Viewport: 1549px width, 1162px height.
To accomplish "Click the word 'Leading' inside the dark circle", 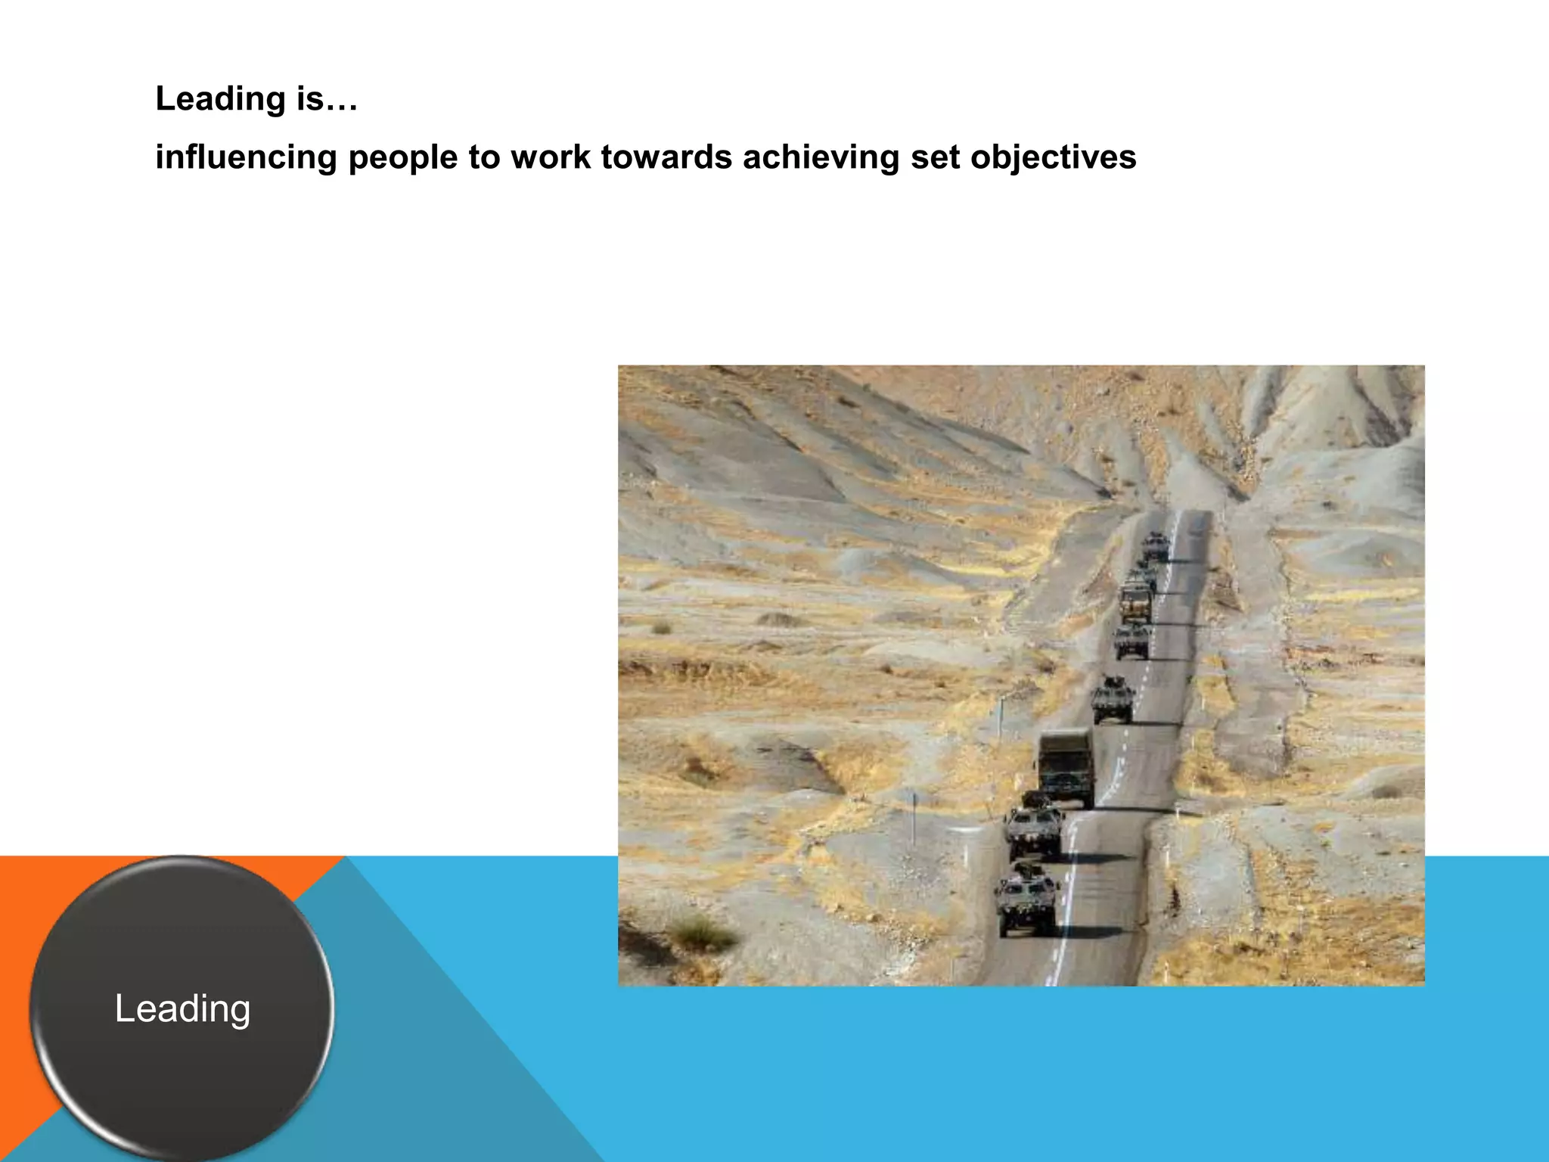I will pyautogui.click(x=182, y=1008).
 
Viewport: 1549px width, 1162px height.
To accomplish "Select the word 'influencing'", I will pyautogui.click(x=246, y=157).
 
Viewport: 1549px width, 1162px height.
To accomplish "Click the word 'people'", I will pyautogui.click(x=402, y=157).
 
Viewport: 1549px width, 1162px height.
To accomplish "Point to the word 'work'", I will pyautogui.click(x=551, y=157).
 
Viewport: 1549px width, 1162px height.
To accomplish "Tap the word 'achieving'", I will pyautogui.click(x=821, y=157).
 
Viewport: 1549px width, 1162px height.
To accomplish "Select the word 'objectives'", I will pyautogui.click(x=1053, y=157).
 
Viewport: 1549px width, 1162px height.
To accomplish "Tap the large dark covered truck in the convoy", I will pyautogui.click(x=1066, y=766).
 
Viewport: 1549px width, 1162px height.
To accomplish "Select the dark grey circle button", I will pyautogui.click(x=182, y=1059).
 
